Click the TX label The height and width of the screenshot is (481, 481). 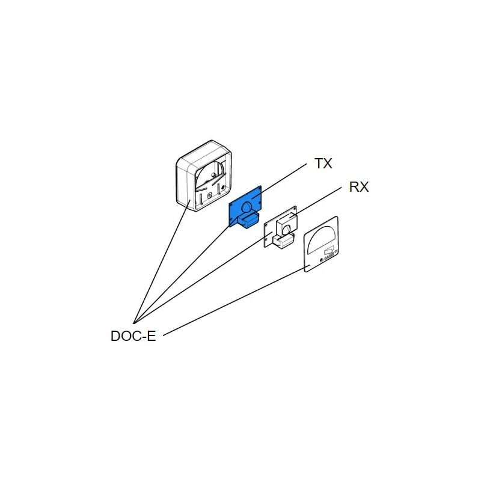click(x=323, y=164)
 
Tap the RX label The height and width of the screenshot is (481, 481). click(x=359, y=188)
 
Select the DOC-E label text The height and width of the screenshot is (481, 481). click(x=133, y=336)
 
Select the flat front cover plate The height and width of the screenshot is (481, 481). click(x=322, y=244)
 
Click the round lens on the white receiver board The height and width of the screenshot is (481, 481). click(x=286, y=228)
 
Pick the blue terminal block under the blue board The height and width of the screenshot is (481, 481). click(x=247, y=221)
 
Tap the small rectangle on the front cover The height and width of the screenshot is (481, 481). click(x=329, y=252)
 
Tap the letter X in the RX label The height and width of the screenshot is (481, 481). click(x=364, y=188)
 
